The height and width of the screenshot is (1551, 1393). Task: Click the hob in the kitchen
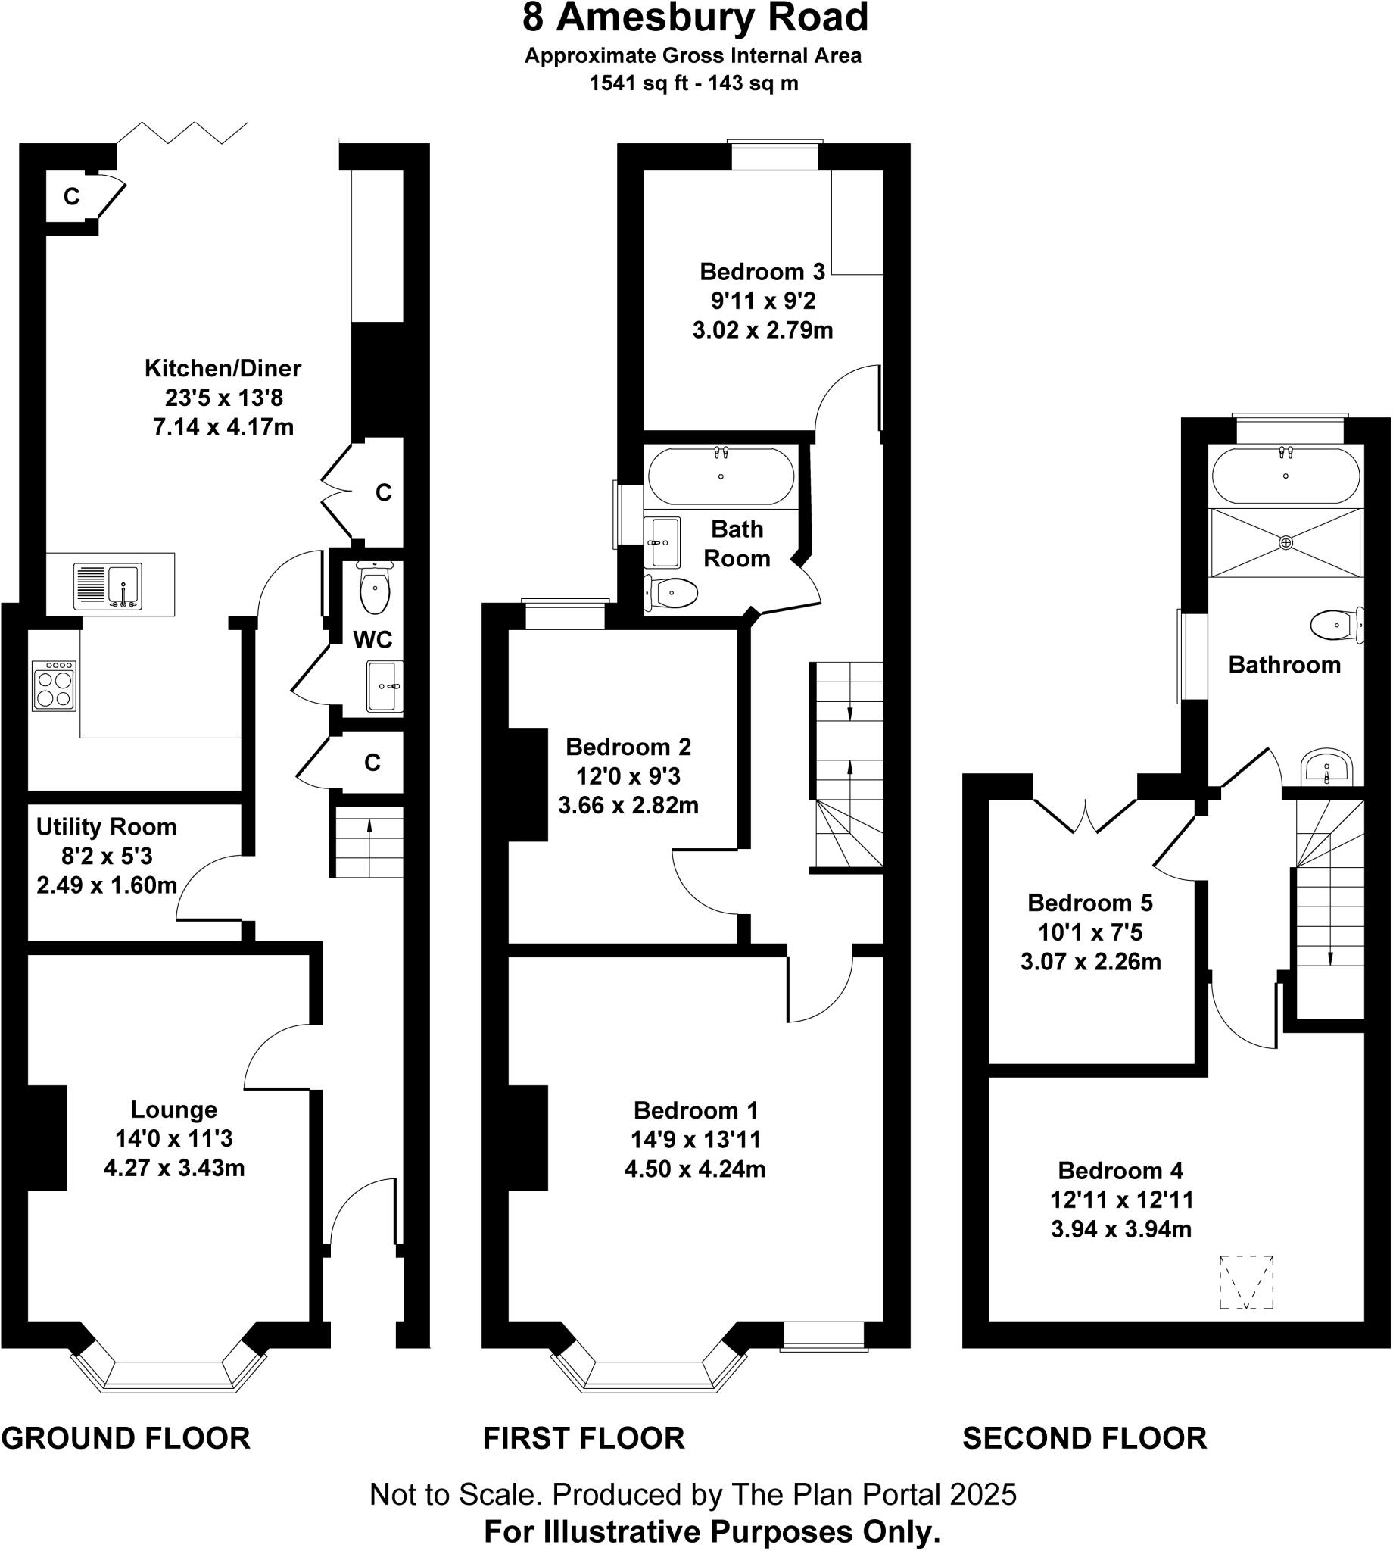[54, 685]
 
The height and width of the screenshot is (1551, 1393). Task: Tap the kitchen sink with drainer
[108, 586]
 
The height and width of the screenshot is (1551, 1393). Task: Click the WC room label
[372, 639]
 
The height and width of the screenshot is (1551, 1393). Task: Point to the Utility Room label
[107, 827]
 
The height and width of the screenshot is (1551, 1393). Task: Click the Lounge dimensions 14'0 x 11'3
[173, 1138]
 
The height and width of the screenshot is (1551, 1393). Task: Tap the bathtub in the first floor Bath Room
[721, 476]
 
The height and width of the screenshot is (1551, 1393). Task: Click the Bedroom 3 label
[762, 272]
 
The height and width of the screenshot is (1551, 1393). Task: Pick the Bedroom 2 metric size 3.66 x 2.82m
[628, 805]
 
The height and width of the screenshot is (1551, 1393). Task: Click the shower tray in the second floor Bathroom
[1285, 543]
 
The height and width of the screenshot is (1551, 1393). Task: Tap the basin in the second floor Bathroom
[1326, 768]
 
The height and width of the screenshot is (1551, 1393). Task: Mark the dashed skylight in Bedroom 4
[1246, 1282]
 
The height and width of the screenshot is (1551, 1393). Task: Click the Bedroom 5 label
[1090, 903]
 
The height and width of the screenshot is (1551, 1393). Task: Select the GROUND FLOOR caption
[126, 1438]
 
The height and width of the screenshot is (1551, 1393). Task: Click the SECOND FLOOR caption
[1085, 1438]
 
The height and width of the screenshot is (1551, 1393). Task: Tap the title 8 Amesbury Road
[695, 18]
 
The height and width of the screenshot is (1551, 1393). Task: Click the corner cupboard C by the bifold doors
[71, 197]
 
